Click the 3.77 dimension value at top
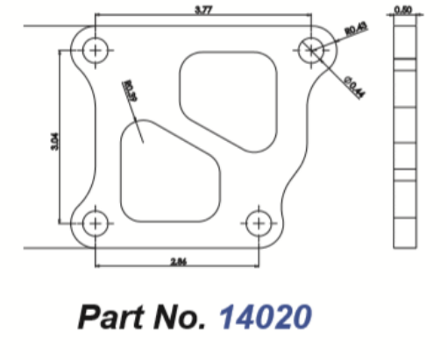[x=203, y=10]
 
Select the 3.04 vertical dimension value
[x=53, y=138]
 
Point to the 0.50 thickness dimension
[x=403, y=10]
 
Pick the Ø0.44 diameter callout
[x=355, y=88]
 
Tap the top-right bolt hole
[x=311, y=51]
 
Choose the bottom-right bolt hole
[x=258, y=225]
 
